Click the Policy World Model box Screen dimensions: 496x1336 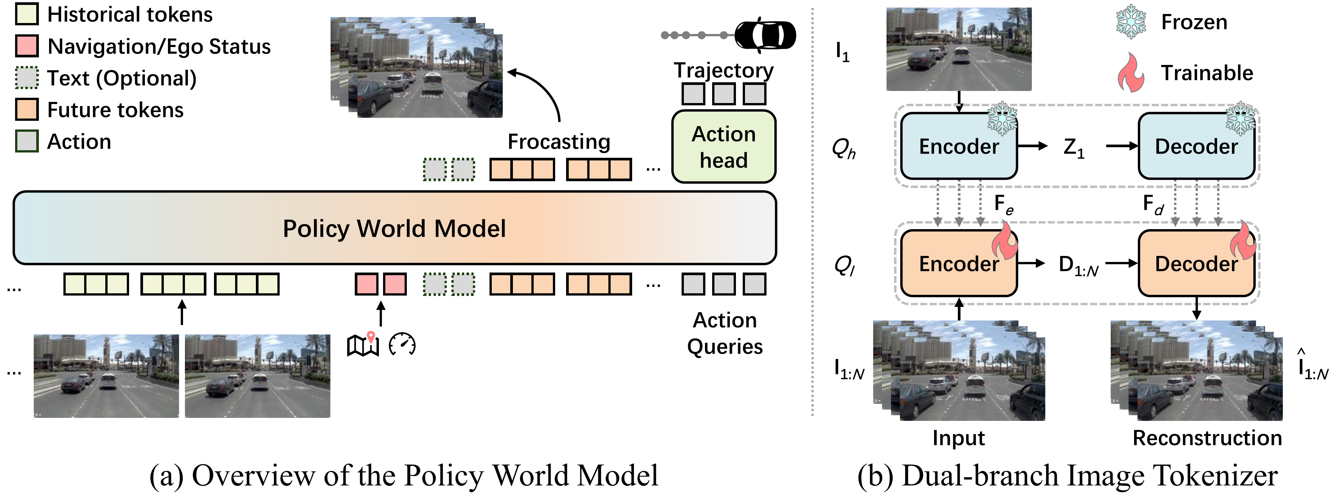pos(394,228)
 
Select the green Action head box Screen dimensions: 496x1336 pos(723,147)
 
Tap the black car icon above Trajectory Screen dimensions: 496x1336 pos(765,35)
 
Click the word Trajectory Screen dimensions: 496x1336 pos(723,70)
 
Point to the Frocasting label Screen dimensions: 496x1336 pos(559,142)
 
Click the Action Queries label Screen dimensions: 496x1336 pos(725,333)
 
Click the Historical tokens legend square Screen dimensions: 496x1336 pos(26,14)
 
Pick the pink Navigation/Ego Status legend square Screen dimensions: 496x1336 pos(26,46)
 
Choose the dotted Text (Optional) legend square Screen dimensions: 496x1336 pos(26,78)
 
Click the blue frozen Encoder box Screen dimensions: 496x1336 pos(959,146)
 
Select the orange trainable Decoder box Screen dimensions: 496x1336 pos(1196,263)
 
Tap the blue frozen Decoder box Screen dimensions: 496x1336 pos(1196,146)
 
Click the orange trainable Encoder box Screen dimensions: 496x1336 pos(959,263)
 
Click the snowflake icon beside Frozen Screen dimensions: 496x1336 pos(1131,22)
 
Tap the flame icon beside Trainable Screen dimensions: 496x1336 pos(1131,72)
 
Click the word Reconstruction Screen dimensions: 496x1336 pos(1207,438)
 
